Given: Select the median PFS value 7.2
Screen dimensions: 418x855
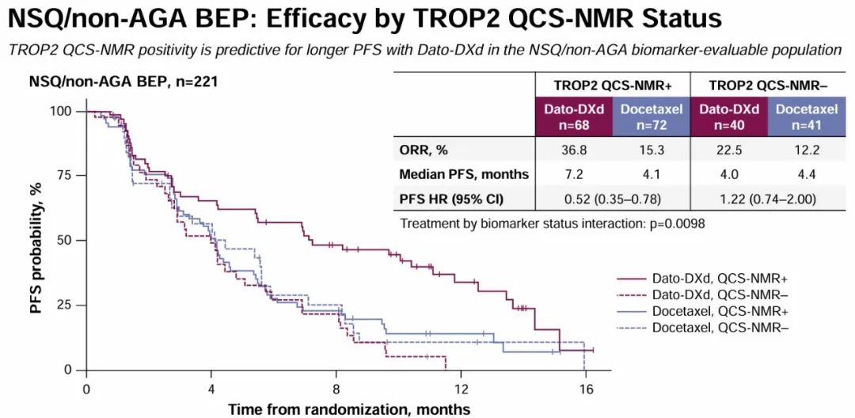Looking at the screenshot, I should point(572,174).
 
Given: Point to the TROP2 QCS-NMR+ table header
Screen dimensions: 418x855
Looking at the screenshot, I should point(611,85).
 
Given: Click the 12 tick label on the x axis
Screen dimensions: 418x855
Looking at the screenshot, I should point(461,389).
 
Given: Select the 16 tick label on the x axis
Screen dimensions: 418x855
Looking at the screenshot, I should point(586,389).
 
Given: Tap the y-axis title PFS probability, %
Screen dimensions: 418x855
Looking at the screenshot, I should point(36,241).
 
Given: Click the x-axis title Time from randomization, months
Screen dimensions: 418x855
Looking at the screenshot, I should point(348,409).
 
